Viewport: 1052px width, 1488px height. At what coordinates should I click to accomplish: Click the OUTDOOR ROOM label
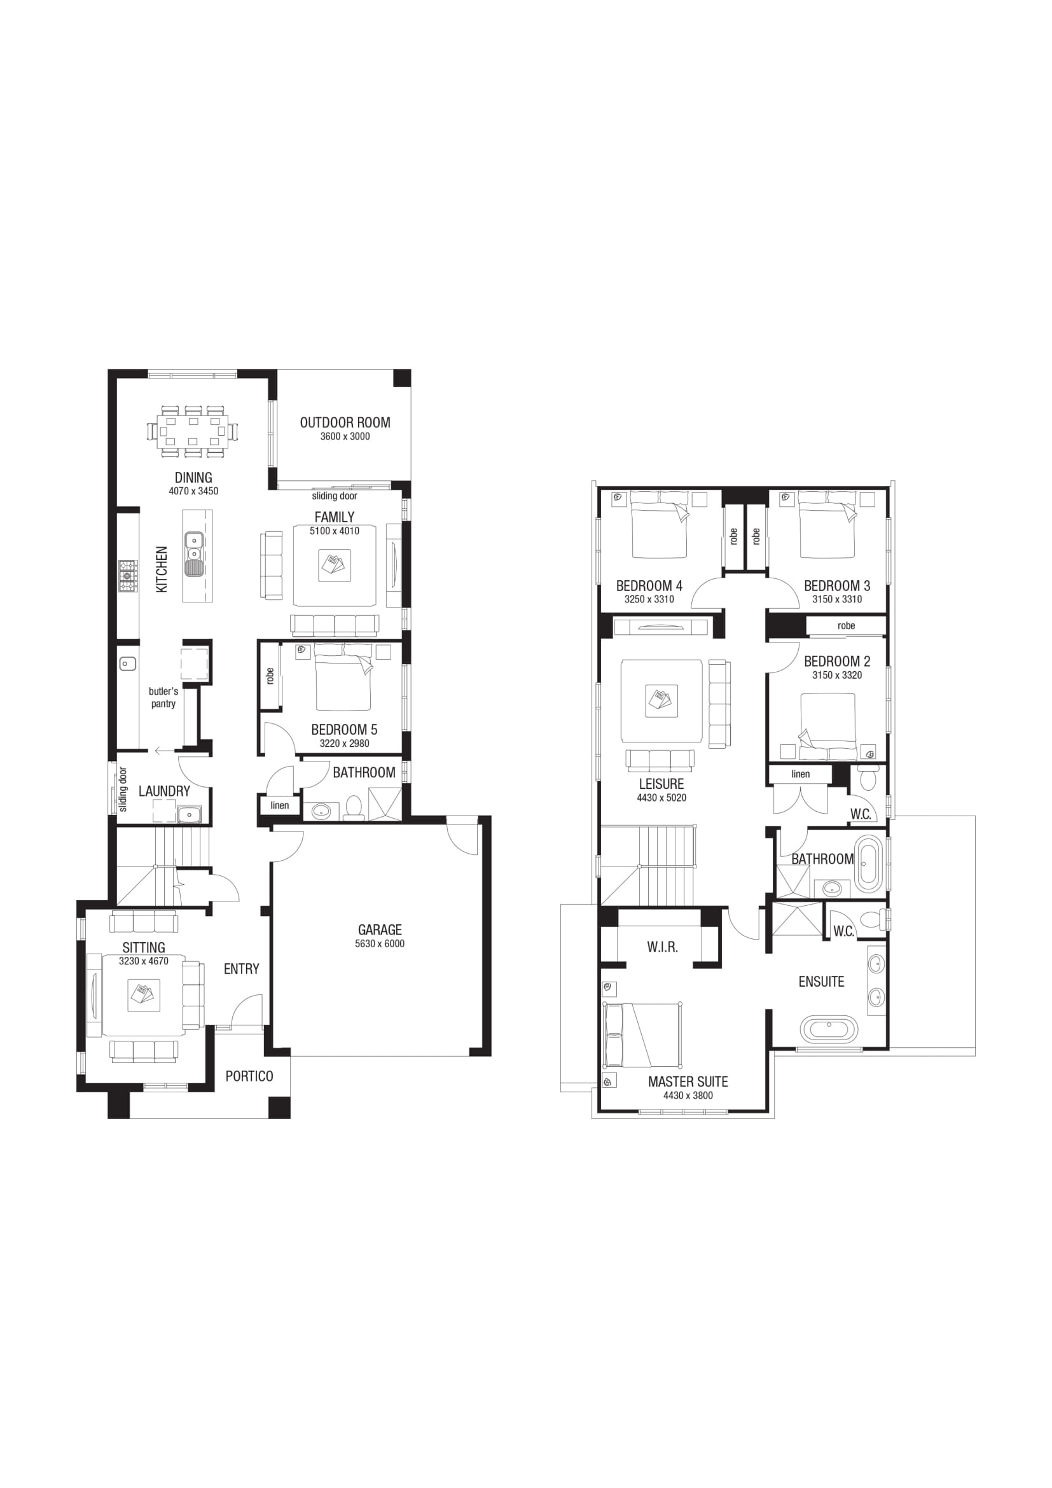tap(345, 422)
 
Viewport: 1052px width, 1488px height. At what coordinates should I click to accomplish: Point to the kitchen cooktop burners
tap(128, 576)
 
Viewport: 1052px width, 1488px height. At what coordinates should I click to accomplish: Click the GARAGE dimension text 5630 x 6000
tap(380, 943)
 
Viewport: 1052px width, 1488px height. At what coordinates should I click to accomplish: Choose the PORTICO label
tap(249, 1076)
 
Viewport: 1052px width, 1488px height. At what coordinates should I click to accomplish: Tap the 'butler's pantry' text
tap(163, 697)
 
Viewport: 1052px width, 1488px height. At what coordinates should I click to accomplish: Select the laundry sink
tap(190, 814)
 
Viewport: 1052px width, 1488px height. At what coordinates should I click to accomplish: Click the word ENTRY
tap(242, 969)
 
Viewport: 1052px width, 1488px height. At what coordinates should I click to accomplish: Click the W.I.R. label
tap(662, 947)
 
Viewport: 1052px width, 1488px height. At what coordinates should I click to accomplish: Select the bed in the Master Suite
tap(642, 1035)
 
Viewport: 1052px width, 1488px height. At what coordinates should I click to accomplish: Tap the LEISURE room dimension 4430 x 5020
tap(661, 798)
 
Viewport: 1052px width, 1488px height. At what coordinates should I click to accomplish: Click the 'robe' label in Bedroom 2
tap(846, 626)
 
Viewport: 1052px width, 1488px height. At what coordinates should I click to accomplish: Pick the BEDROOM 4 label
tap(649, 586)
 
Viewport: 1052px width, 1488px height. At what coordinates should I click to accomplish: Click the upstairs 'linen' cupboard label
tap(801, 774)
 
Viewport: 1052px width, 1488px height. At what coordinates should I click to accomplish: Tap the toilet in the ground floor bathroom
tap(354, 807)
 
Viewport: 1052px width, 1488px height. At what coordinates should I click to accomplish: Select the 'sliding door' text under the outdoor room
tap(335, 496)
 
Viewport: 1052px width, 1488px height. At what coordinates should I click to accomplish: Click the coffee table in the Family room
tap(335, 565)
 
